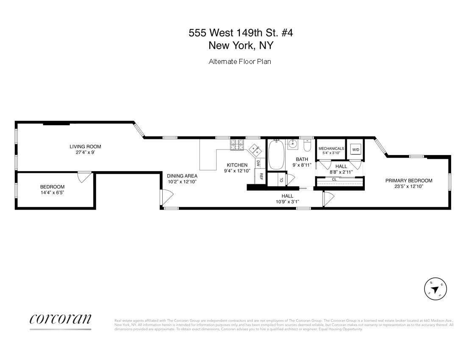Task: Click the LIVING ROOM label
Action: point(85,147)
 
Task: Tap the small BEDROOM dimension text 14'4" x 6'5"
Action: point(52,192)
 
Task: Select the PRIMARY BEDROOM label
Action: point(408,180)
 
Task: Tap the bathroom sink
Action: point(292,144)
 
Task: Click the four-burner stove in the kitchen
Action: point(236,145)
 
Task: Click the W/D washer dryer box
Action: point(355,149)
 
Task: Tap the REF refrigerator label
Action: point(261,176)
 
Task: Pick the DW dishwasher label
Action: point(258,163)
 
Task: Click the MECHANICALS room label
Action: point(331,149)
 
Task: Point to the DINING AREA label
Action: point(182,176)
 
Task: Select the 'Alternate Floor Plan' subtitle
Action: point(240,61)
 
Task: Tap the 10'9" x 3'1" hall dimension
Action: point(287,202)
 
